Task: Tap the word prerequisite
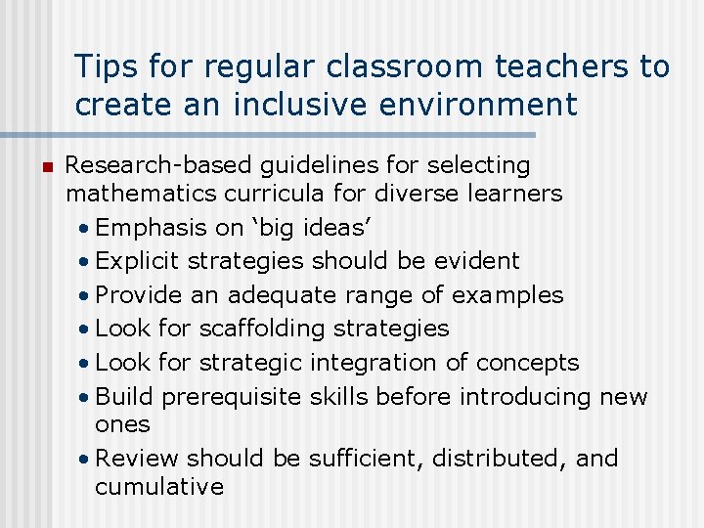(232, 396)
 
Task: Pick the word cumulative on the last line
(159, 486)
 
